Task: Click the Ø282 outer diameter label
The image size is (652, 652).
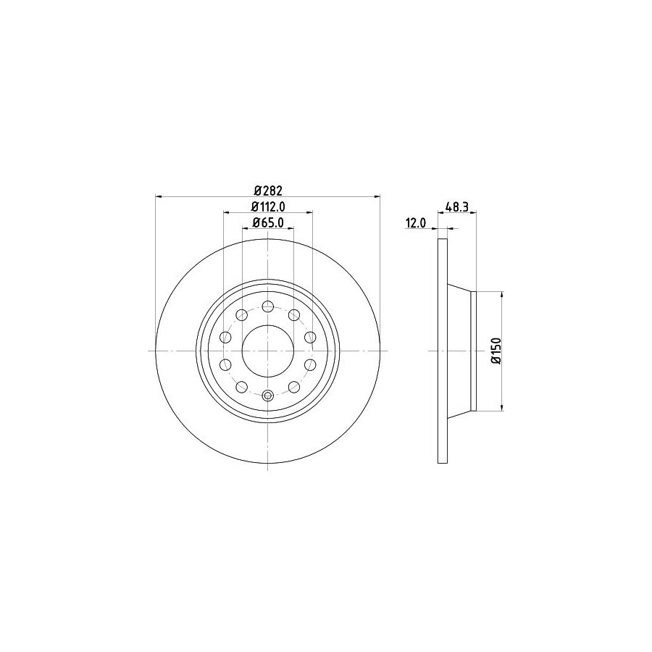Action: pos(268,191)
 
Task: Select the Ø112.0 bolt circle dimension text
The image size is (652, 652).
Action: pos(268,206)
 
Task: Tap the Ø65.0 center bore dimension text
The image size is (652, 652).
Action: pos(268,223)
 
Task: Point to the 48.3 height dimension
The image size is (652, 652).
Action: pos(457,206)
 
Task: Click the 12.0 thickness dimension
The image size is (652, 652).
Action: pos(416,223)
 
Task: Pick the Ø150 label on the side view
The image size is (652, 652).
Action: pos(496,351)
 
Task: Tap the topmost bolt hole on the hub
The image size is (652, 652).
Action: pos(268,307)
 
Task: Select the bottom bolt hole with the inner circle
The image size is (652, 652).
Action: pos(268,395)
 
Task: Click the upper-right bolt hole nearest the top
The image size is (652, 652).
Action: pos(294,315)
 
